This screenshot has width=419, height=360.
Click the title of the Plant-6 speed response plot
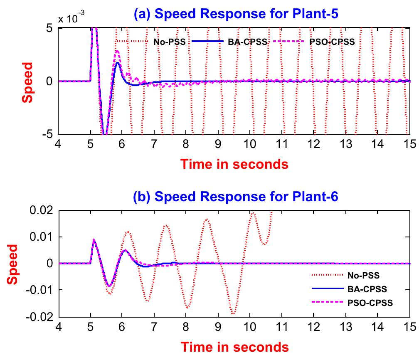click(x=235, y=197)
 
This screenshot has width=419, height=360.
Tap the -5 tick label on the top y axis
click(x=49, y=135)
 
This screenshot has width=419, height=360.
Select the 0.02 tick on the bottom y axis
click(x=43, y=210)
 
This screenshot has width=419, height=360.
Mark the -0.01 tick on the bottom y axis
click(x=41, y=290)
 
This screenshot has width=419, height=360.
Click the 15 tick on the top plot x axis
click(x=410, y=143)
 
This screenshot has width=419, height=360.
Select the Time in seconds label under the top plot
click(x=234, y=164)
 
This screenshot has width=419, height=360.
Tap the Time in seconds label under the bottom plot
click(x=234, y=346)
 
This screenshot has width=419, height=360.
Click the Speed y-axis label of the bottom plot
click(x=13, y=263)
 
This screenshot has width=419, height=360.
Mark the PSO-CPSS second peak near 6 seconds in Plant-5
click(x=118, y=51)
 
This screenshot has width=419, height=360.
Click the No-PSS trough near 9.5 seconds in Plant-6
click(x=233, y=314)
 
